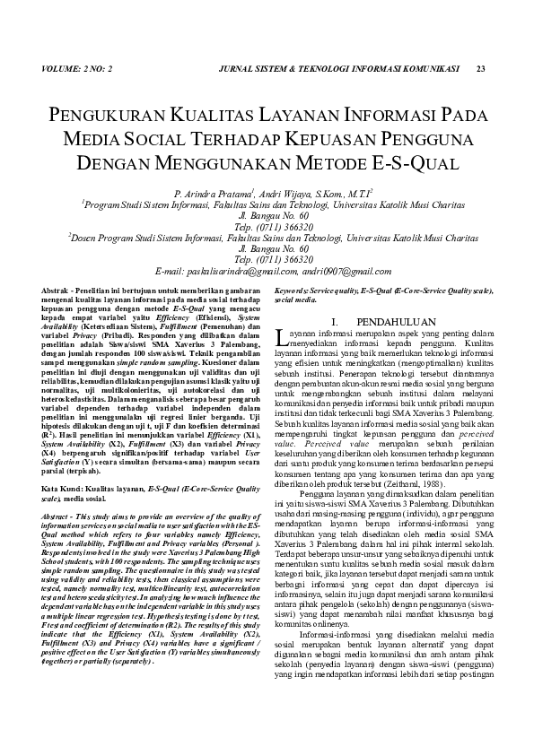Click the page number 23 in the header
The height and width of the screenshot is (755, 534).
coord(480,69)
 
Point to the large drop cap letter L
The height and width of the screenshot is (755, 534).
coord(281,337)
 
